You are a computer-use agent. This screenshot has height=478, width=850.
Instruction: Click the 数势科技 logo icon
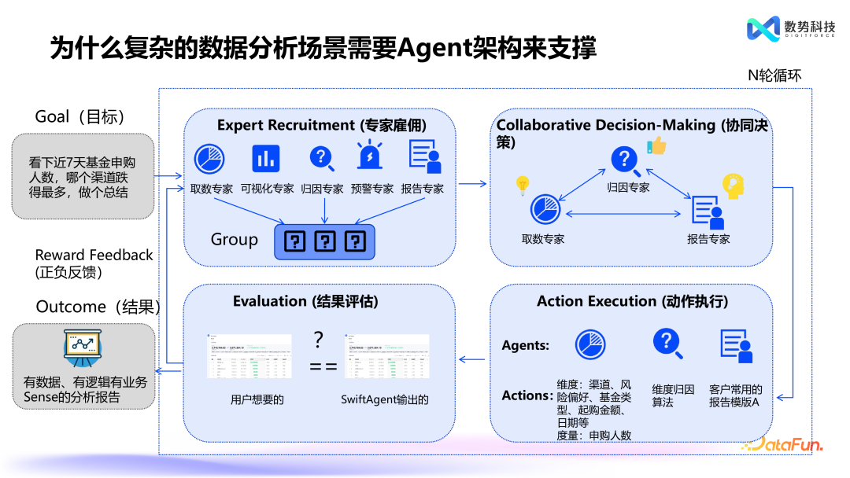pyautogui.click(x=763, y=29)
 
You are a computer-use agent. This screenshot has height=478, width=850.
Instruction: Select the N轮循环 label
pyautogui.click(x=774, y=75)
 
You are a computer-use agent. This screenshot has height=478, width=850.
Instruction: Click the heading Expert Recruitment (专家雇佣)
pyautogui.click(x=321, y=125)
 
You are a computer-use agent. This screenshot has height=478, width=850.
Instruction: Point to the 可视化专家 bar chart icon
pyautogui.click(x=265, y=158)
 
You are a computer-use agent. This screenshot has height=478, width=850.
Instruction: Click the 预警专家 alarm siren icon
pyautogui.click(x=368, y=156)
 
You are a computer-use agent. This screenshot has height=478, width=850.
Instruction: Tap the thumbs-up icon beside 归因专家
pyautogui.click(x=656, y=145)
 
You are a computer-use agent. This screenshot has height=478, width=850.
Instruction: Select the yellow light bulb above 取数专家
pyautogui.click(x=521, y=186)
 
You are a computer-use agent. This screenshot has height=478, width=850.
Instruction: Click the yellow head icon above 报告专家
pyautogui.click(x=734, y=186)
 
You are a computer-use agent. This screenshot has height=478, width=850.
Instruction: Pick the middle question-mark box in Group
pyautogui.click(x=325, y=241)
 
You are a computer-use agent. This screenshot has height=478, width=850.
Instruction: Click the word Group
pyautogui.click(x=234, y=240)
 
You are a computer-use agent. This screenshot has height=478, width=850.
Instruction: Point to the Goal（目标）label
pyautogui.click(x=80, y=117)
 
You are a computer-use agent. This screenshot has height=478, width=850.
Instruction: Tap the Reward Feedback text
pyautogui.click(x=94, y=256)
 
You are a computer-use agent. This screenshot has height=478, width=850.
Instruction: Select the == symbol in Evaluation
pyautogui.click(x=318, y=366)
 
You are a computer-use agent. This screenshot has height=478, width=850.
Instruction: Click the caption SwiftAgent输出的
pyautogui.click(x=385, y=400)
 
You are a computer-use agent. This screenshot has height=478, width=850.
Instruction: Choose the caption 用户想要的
pyautogui.click(x=257, y=400)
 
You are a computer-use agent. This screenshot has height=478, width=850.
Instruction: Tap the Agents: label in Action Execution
pyautogui.click(x=526, y=345)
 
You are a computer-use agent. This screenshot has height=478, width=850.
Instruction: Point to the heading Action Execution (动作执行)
pyautogui.click(x=632, y=301)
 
